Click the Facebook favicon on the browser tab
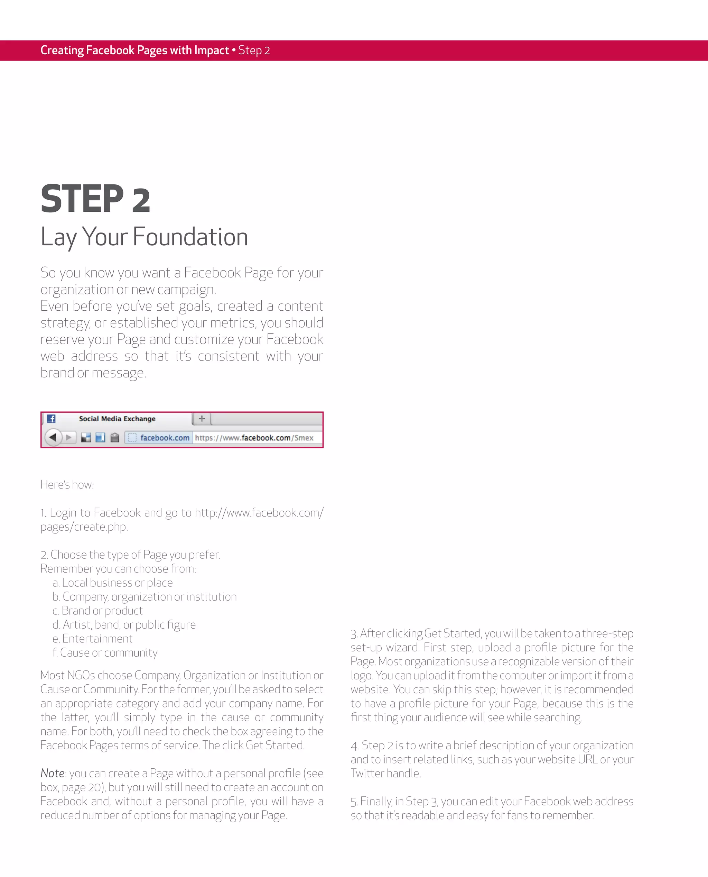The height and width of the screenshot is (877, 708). (x=51, y=419)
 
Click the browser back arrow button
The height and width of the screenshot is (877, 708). (x=53, y=438)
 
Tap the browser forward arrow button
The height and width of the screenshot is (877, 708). (x=69, y=438)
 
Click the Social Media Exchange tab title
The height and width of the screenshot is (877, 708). (x=117, y=419)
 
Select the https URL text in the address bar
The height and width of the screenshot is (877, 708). (x=254, y=438)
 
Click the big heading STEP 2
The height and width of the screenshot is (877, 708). (x=95, y=199)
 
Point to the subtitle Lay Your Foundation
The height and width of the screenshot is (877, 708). (x=144, y=237)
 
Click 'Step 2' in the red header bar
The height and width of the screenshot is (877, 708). (x=254, y=51)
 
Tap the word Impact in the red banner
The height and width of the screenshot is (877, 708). (x=211, y=50)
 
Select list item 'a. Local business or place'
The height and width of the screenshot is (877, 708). (x=112, y=583)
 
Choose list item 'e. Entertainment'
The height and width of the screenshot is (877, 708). (x=92, y=639)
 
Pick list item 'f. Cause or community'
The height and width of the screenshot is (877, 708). (x=105, y=652)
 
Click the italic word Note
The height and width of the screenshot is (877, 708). (x=52, y=773)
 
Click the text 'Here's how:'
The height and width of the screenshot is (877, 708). (x=67, y=485)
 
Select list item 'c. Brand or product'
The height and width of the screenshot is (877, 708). (x=97, y=611)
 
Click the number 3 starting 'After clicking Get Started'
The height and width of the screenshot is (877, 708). (x=354, y=634)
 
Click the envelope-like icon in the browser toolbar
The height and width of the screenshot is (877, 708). (x=115, y=438)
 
